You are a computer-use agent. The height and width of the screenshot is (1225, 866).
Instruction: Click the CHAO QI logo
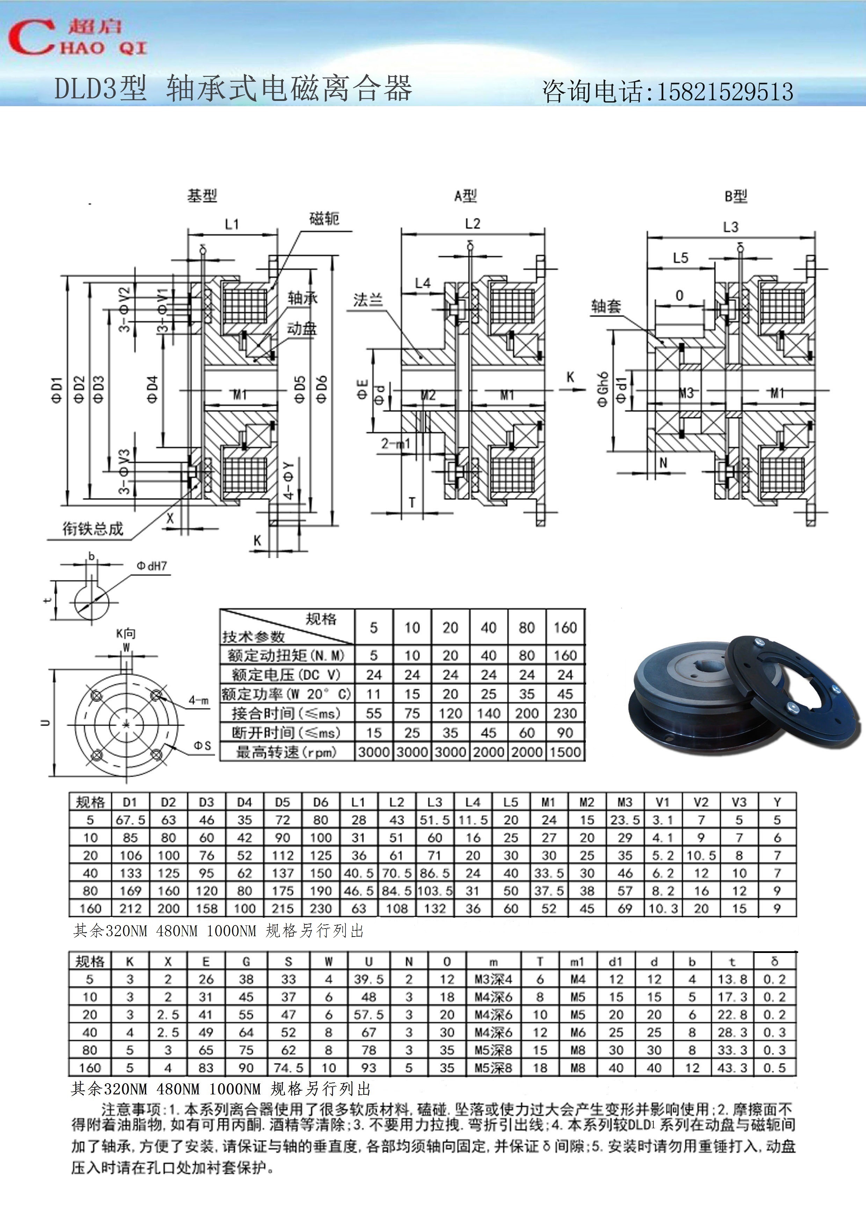(77, 37)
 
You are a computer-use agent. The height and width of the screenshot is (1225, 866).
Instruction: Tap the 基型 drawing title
(202, 196)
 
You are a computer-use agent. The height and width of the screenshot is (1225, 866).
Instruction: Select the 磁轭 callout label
(324, 219)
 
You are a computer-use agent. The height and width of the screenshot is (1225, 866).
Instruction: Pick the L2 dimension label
(473, 223)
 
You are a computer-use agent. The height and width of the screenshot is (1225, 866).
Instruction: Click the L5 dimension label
(680, 258)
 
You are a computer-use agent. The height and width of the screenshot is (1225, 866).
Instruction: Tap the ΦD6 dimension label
(321, 389)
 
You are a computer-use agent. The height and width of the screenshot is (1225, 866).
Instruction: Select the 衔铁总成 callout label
(93, 529)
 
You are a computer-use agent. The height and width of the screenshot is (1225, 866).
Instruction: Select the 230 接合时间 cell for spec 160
(565, 713)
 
